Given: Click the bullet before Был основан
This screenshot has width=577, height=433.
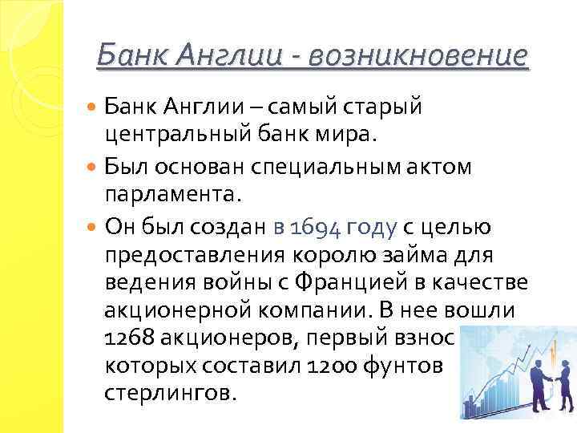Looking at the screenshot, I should tap(92, 167).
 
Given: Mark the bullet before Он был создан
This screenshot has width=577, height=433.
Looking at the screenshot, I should tap(92, 229).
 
